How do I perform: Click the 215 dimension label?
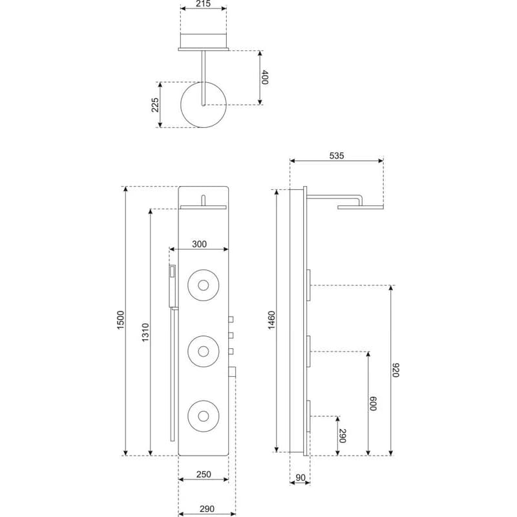[x=203, y=4]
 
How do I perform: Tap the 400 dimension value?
[x=264, y=77]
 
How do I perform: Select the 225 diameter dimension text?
[x=155, y=105]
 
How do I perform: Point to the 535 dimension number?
[x=336, y=156]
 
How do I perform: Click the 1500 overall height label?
[x=120, y=320]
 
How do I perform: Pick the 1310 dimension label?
[x=145, y=332]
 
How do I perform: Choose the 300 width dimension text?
[x=199, y=244]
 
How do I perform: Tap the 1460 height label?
[x=271, y=320]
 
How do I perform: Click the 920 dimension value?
[x=396, y=370]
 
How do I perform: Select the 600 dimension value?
[x=373, y=403]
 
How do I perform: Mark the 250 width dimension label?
[x=204, y=474]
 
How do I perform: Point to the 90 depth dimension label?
[x=301, y=478]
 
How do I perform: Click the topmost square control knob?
[x=231, y=319]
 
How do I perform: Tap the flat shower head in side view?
[x=361, y=207]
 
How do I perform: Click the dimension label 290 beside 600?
[x=343, y=436]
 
